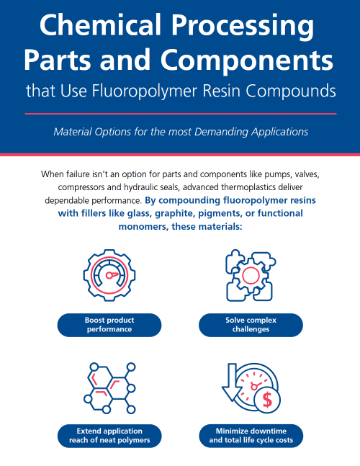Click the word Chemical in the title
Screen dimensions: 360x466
[x=100, y=24]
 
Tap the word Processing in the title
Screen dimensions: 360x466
[x=243, y=27]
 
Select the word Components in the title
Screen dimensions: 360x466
[x=247, y=60]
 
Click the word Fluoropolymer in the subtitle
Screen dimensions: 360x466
[x=145, y=90]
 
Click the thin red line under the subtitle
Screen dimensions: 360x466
[x=181, y=114]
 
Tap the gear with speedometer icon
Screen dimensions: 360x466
[x=109, y=275]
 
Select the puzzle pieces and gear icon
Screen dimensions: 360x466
[x=251, y=275]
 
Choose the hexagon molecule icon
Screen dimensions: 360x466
[x=109, y=388]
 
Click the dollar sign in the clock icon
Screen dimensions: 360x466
[x=267, y=400]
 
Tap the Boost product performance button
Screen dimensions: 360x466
[x=109, y=325]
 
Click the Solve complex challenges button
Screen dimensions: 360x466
[x=251, y=325]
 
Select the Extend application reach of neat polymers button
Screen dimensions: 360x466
[x=109, y=436]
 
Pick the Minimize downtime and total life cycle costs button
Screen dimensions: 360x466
[x=251, y=436]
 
